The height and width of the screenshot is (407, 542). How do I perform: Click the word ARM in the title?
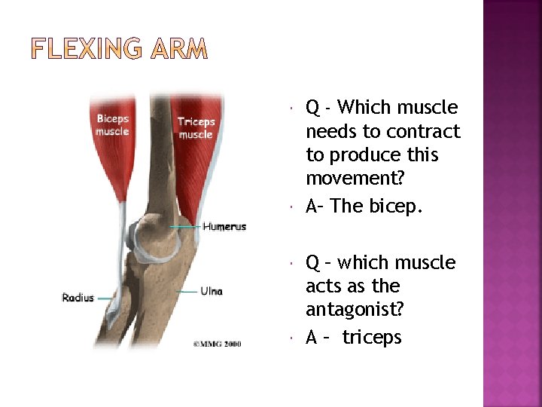click(x=179, y=50)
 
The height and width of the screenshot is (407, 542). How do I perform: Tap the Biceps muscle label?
click(x=112, y=125)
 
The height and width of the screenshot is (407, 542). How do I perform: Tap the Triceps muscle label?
click(x=196, y=128)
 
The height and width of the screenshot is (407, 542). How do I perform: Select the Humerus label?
click(x=224, y=227)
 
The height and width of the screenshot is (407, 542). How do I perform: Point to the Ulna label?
click(x=211, y=291)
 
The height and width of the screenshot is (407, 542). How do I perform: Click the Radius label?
click(x=78, y=298)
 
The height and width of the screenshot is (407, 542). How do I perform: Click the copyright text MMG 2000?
click(x=217, y=344)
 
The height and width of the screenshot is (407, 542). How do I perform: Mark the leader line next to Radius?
click(x=103, y=298)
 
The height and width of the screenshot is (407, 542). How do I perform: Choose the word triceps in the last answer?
click(x=372, y=338)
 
